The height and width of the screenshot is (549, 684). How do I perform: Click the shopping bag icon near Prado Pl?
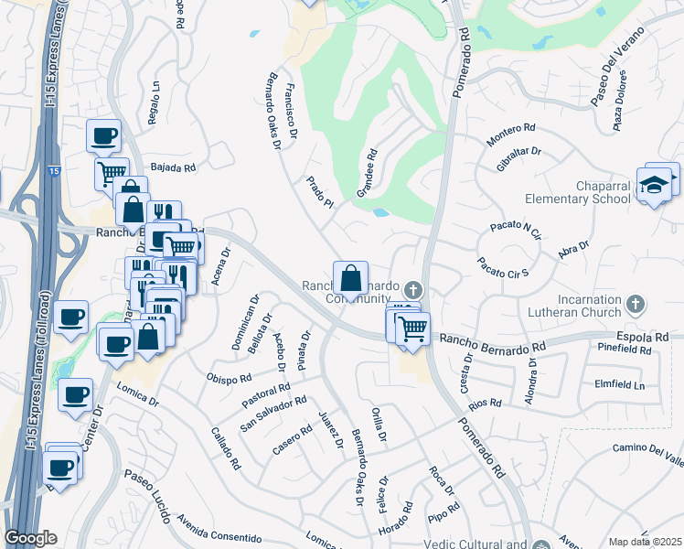tap(351, 276)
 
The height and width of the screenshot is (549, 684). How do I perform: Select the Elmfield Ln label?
tap(619, 384)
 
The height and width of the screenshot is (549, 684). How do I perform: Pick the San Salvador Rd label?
tap(273, 414)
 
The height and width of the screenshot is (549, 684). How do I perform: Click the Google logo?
tap(31, 538)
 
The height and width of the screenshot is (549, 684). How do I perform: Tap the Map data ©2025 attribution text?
tap(644, 541)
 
